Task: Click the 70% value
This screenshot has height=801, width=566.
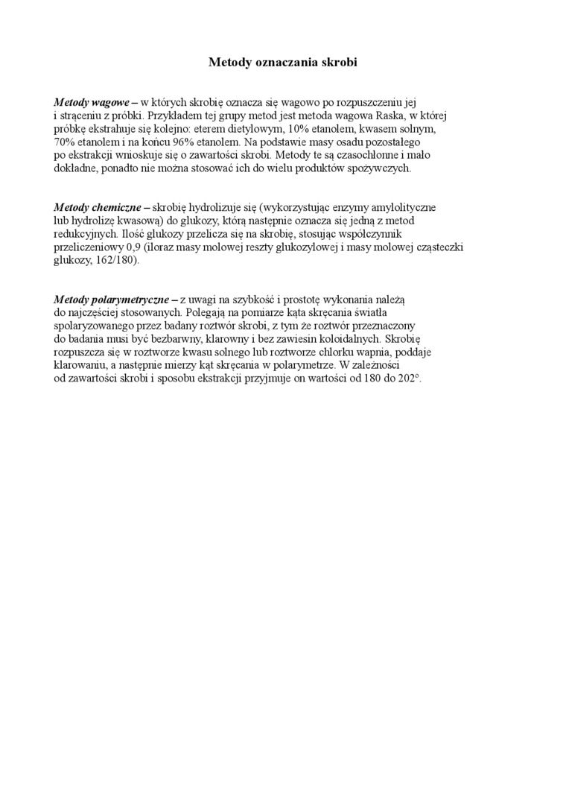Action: [64, 142]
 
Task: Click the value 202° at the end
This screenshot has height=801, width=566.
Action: [410, 379]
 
